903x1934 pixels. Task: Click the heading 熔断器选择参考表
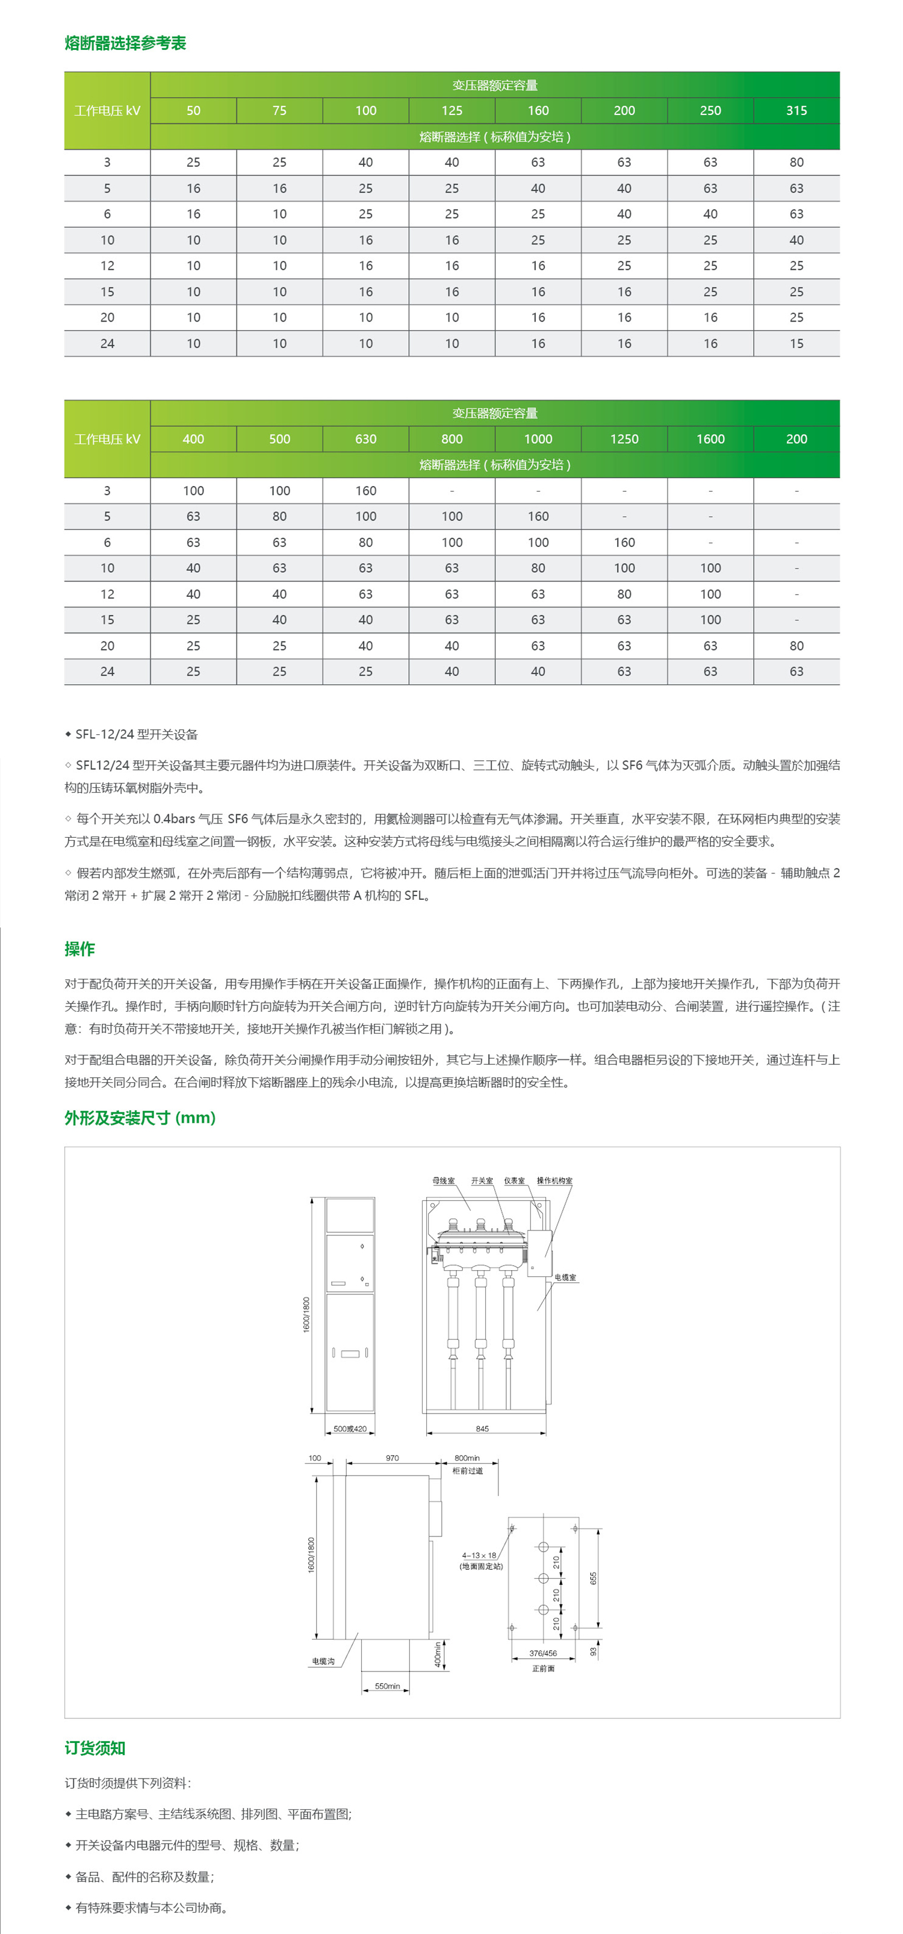(x=125, y=43)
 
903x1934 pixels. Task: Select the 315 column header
(x=796, y=110)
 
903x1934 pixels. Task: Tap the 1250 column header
(x=624, y=439)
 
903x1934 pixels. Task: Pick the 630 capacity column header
(x=365, y=439)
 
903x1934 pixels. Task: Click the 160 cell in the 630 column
(x=365, y=490)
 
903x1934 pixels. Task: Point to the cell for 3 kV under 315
(x=796, y=162)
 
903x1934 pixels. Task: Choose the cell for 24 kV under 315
(x=796, y=343)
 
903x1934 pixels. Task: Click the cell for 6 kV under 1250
(x=624, y=542)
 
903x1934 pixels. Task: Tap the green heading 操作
(x=79, y=949)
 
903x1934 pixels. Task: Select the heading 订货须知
(x=95, y=1748)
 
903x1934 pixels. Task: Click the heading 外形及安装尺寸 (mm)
(x=140, y=1117)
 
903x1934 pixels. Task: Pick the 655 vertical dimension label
(x=593, y=1578)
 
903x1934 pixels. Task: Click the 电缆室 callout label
(x=565, y=1277)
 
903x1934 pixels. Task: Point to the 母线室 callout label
(x=443, y=1181)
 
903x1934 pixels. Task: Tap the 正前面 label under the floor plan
(x=544, y=1668)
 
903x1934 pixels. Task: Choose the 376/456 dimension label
(x=542, y=1653)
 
